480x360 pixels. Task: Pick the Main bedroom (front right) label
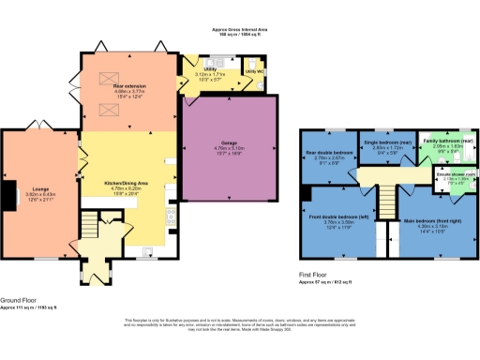click(x=433, y=222)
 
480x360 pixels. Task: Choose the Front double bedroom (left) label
click(x=337, y=217)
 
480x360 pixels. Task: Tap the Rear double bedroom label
click(x=330, y=152)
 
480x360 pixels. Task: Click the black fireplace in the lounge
click(x=7, y=193)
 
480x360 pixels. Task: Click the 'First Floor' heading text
click(x=317, y=275)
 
